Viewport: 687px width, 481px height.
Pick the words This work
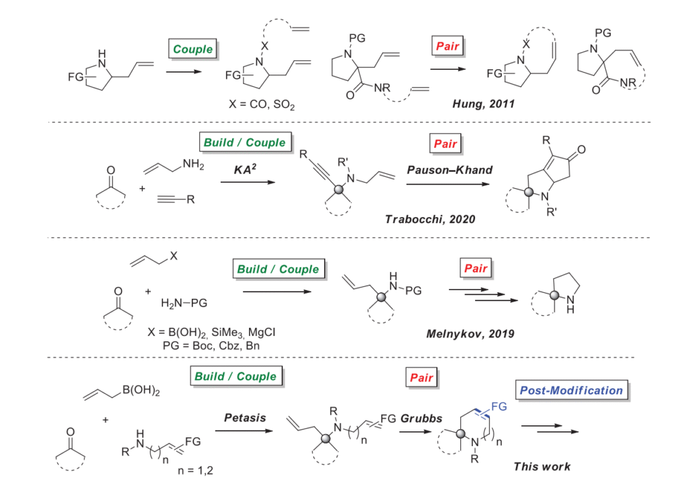pos(541,466)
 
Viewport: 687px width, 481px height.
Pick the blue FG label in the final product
pos(500,406)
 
